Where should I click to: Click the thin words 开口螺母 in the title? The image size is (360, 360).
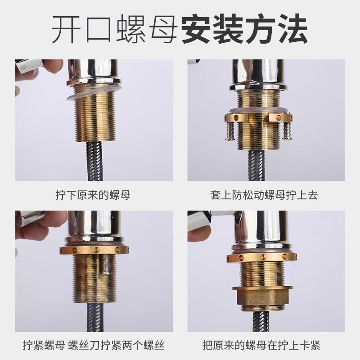coord(115,29)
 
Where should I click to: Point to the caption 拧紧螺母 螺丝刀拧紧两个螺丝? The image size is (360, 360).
coord(93,346)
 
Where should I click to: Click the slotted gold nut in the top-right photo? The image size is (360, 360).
coord(258,118)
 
